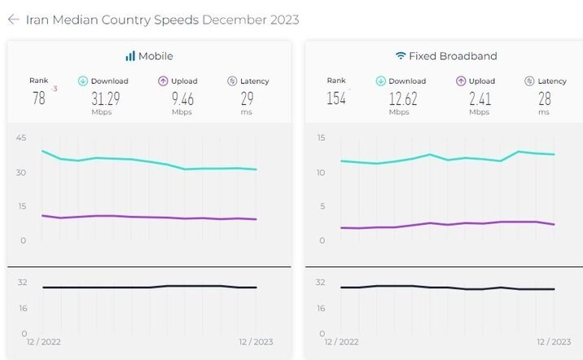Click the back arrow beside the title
click(13, 20)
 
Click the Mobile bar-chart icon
click(129, 56)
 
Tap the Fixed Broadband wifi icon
click(401, 56)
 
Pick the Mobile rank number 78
click(38, 99)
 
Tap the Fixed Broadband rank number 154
click(336, 99)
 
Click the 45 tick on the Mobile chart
click(20, 138)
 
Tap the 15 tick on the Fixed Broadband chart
click(320, 138)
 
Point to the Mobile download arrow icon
click(82, 81)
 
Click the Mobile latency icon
click(232, 81)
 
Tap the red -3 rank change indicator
click(54, 88)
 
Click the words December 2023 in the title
click(250, 20)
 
